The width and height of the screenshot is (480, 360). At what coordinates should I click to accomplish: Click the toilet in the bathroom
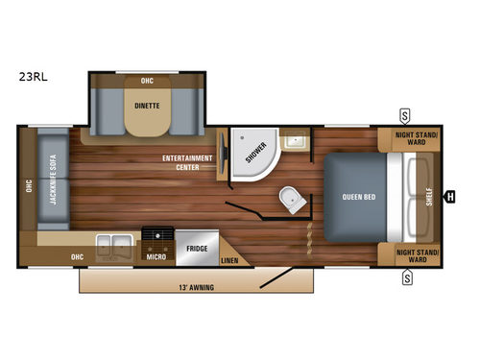(x=291, y=200)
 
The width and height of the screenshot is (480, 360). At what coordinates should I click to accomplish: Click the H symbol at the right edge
(x=450, y=198)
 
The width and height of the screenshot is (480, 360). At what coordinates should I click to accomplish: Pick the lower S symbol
(x=406, y=278)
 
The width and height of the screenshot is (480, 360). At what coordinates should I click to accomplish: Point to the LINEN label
(x=228, y=260)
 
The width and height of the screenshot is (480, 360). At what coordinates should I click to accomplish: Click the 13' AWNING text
(x=195, y=286)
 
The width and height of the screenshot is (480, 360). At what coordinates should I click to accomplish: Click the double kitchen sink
(x=118, y=241)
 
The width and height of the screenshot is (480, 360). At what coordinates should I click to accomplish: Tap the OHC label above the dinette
(x=147, y=81)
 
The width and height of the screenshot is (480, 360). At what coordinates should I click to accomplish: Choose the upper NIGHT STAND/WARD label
(x=418, y=140)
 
